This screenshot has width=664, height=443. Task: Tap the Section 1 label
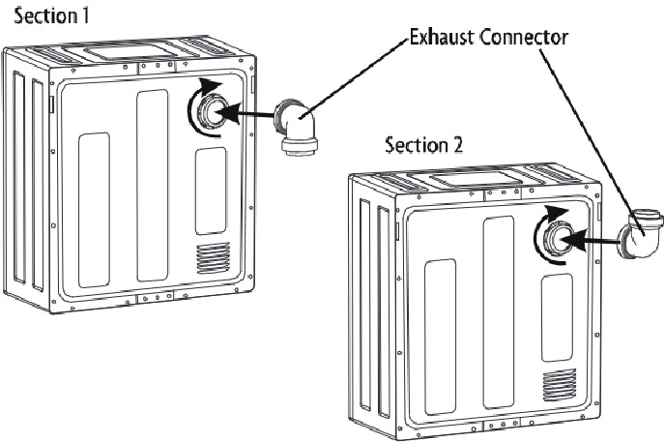[38, 17]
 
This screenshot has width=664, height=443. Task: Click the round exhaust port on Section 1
[211, 113]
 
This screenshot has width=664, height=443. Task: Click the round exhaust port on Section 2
[557, 239]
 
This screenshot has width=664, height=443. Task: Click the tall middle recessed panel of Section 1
[153, 185]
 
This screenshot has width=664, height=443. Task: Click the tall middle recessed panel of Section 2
[498, 310]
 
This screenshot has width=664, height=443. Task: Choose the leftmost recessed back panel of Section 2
[440, 335]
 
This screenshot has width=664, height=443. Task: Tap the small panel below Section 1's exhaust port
[211, 191]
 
